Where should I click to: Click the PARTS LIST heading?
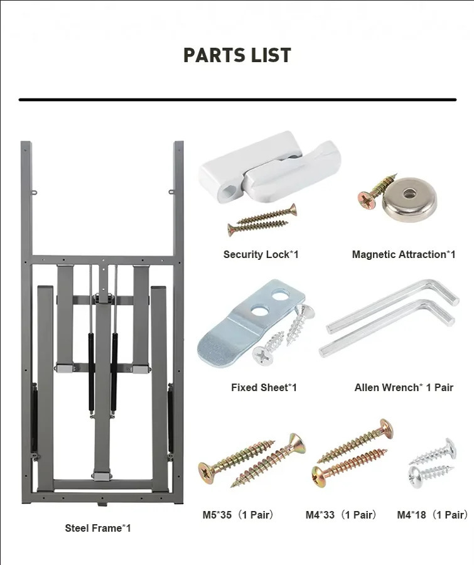point(237,55)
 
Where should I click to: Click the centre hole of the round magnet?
point(408,194)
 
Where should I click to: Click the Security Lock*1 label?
point(261,254)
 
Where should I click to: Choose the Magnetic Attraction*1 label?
point(404,254)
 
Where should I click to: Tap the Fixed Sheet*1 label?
point(264,387)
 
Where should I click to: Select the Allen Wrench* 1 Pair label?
point(404,387)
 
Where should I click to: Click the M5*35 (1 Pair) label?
point(239,515)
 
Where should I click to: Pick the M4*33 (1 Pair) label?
point(342,515)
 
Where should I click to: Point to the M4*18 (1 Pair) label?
point(433,515)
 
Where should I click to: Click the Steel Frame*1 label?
point(98,528)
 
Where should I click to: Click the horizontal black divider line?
point(237,99)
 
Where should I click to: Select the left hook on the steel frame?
point(35,193)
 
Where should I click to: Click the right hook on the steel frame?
point(172,192)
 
